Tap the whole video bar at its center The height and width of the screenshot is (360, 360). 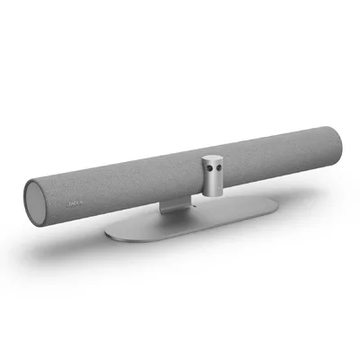click(x=180, y=166)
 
